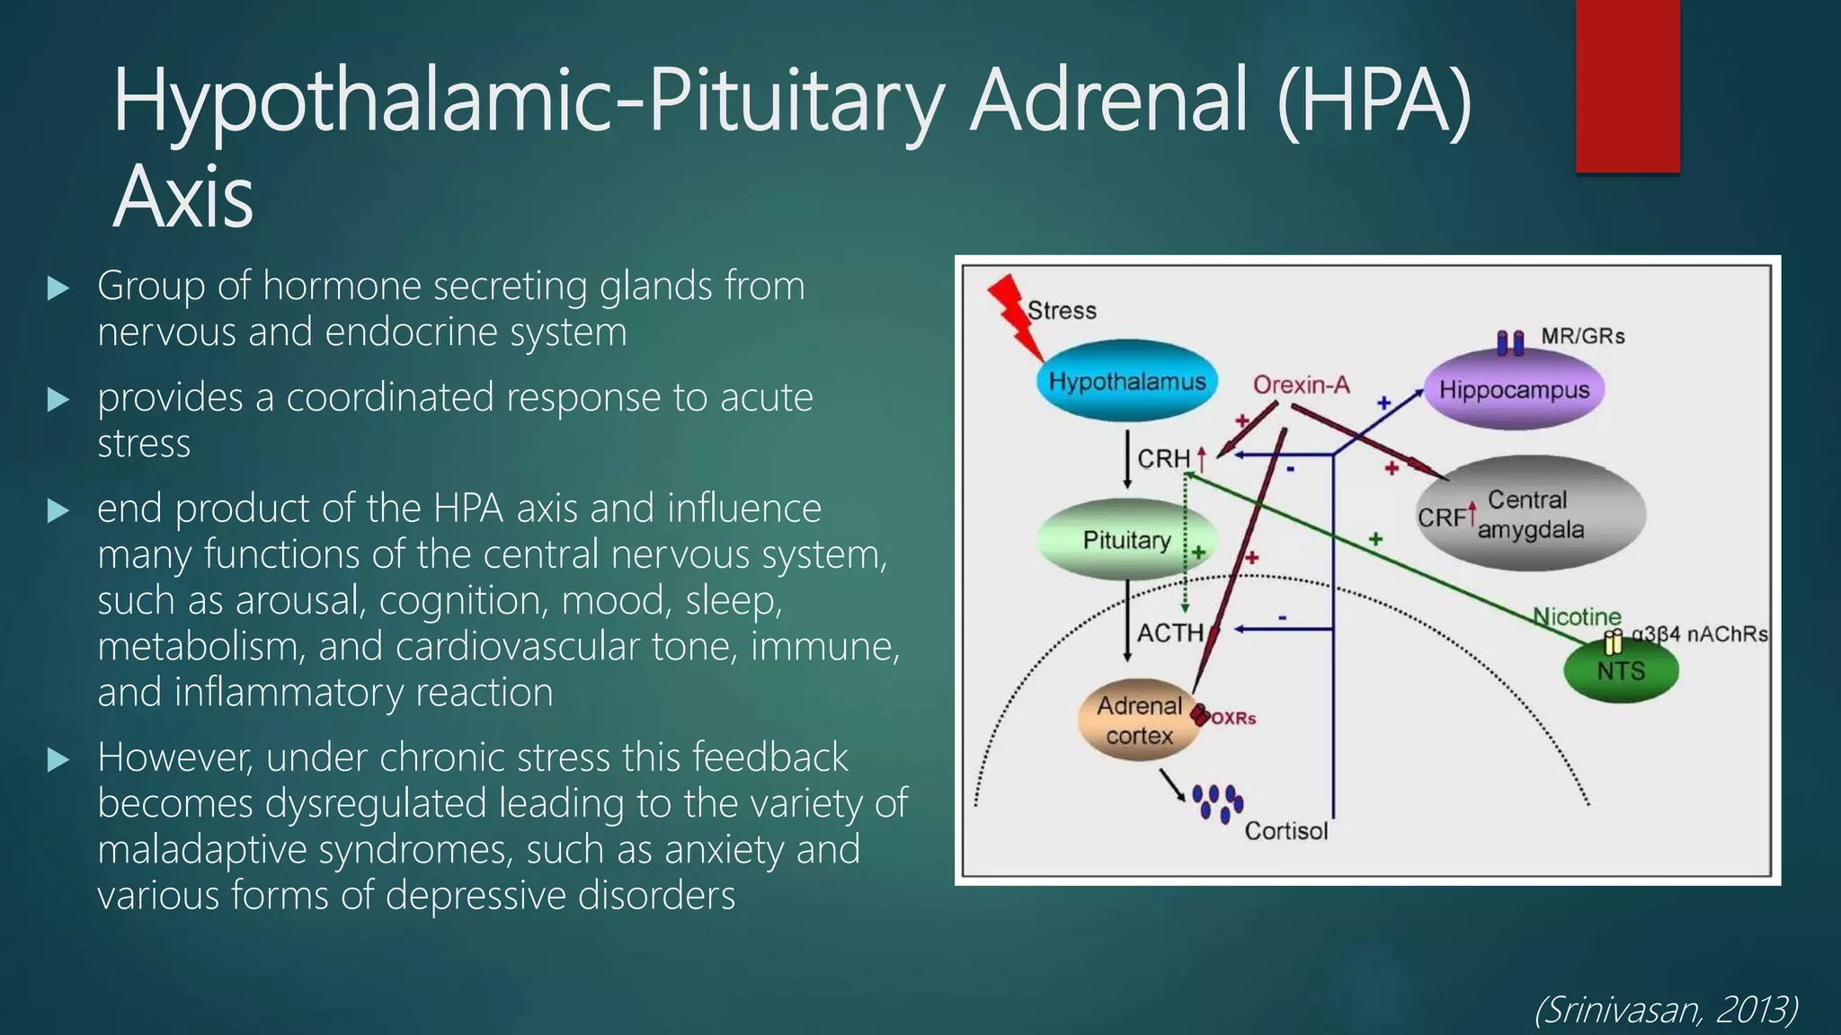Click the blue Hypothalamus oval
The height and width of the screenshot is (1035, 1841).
(x=1126, y=382)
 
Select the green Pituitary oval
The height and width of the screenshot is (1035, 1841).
(x=1126, y=540)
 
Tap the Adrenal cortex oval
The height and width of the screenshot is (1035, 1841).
(x=1139, y=721)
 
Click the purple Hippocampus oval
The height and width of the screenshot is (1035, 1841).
(x=1514, y=390)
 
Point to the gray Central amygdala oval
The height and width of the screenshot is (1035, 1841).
(x=1531, y=514)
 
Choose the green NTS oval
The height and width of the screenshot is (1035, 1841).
(x=1621, y=671)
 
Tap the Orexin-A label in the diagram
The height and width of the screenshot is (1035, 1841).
(x=1301, y=385)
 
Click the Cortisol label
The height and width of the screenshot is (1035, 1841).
(x=1285, y=831)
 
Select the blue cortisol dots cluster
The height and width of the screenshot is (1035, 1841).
(x=1218, y=802)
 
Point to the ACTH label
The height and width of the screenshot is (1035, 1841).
(x=1170, y=633)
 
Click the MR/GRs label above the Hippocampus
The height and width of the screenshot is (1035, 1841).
(x=1582, y=336)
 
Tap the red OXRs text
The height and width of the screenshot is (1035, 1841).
(x=1233, y=719)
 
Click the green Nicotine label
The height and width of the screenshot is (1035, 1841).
(x=1577, y=616)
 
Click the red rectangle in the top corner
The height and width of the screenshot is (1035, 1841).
(x=1627, y=85)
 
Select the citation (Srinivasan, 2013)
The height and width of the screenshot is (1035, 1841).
(x=1666, y=1010)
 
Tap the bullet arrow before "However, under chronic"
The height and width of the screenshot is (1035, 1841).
(x=58, y=760)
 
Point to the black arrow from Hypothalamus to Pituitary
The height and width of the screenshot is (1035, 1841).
(x=1127, y=459)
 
